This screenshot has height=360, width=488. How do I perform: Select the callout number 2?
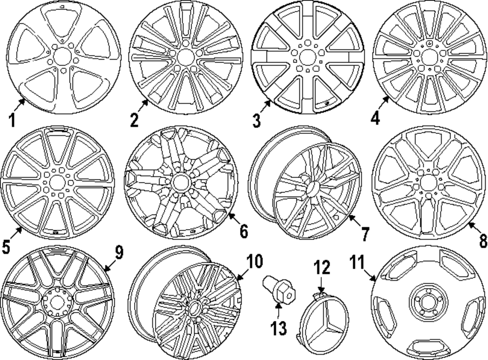(135, 119)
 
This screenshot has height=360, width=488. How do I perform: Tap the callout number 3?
(257, 119)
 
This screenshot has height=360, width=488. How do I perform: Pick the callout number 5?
(6, 247)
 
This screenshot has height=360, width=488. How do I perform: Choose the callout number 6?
(244, 230)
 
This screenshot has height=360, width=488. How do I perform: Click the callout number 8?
(483, 240)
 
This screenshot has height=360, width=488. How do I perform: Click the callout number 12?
(322, 268)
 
